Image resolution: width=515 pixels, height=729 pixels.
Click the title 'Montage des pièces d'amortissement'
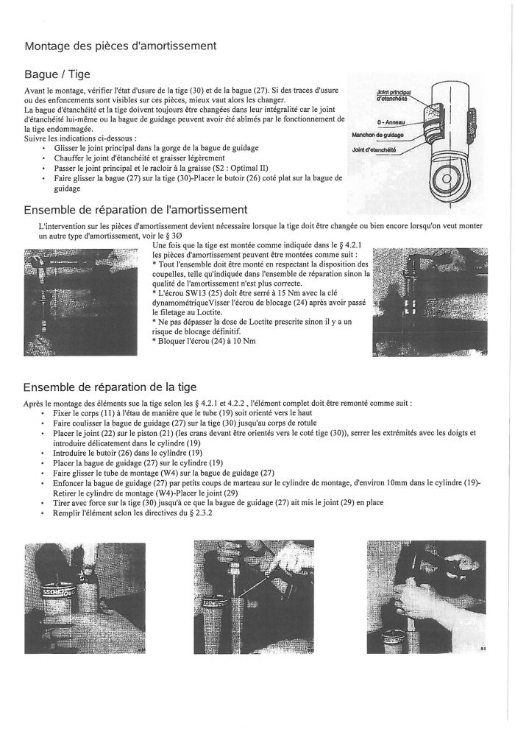coord(120,46)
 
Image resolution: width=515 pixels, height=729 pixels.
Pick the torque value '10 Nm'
coord(244,340)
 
